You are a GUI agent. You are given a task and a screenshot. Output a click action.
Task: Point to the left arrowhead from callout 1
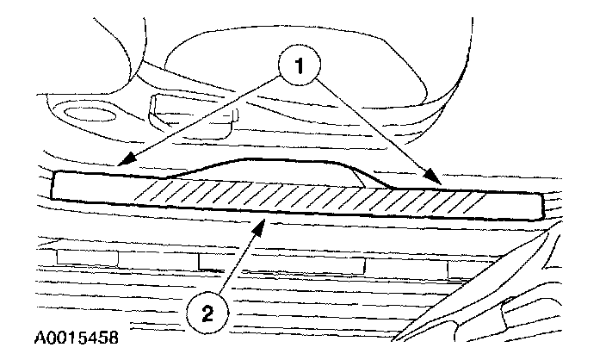pos(121,164)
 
